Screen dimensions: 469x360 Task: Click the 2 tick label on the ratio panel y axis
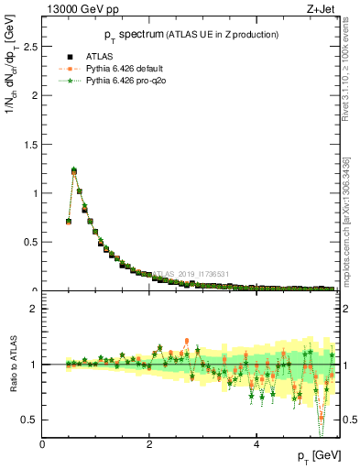pos(34,309)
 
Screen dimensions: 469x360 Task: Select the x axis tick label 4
pos(257,444)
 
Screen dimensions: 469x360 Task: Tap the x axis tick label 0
pos(43,444)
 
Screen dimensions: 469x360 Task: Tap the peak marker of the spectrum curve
pos(74,170)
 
